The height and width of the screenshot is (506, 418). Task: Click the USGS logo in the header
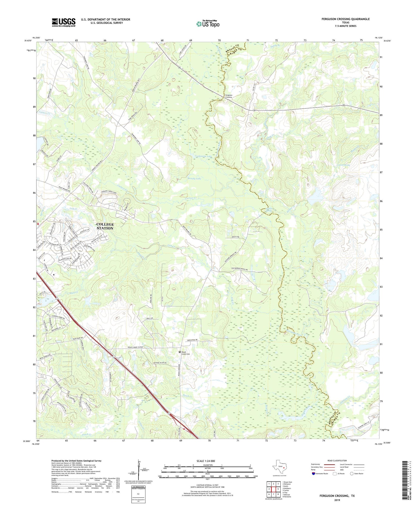(64, 22)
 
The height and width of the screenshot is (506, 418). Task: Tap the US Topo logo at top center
(208, 24)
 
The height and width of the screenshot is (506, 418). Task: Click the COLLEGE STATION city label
(105, 226)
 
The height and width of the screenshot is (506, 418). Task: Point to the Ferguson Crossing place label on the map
(229, 96)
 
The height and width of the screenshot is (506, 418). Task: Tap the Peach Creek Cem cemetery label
(186, 353)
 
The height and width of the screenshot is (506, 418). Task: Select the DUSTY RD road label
(236, 237)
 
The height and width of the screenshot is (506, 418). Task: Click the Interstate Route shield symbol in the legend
(314, 473)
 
